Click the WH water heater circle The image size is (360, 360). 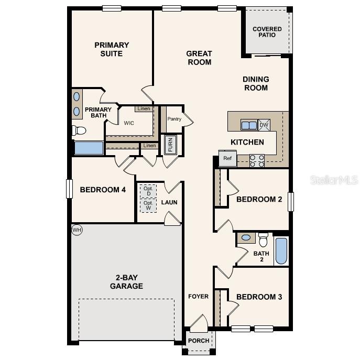coord(77,230)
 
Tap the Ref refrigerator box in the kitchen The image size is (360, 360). coord(227,158)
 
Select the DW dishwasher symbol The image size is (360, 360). coord(264,125)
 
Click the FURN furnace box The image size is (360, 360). coord(170,145)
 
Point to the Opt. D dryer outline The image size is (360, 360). coord(148,190)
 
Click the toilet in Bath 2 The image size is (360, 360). coord(263,240)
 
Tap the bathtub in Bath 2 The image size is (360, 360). coord(281,251)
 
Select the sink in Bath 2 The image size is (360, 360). coord(245,238)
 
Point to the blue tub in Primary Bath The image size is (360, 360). coord(89,148)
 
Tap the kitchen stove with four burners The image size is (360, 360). coord(257,160)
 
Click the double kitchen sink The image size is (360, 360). coord(249,125)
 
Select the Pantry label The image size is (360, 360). coord(174,119)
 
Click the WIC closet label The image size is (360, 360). coord(129,124)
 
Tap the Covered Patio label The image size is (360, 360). coord(267,32)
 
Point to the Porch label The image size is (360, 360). coord(199,341)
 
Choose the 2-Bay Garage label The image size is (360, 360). coord(126,282)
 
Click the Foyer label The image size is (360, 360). coord(199,297)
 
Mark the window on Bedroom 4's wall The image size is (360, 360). coord(69,189)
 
